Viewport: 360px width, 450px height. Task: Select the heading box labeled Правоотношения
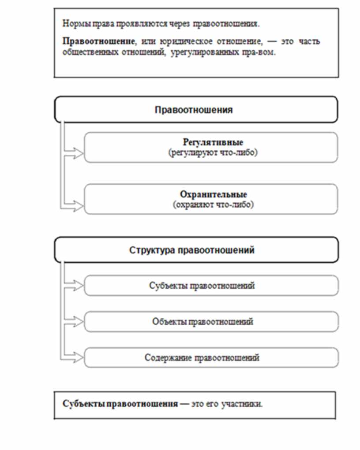point(196,109)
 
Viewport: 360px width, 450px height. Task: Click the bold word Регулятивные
point(213,143)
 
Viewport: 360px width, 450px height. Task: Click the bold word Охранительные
point(213,195)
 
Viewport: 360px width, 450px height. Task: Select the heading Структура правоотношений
point(196,250)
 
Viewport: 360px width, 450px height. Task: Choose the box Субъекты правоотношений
point(211,286)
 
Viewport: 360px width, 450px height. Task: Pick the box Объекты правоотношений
point(211,322)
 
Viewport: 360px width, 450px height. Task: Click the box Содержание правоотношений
point(211,357)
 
